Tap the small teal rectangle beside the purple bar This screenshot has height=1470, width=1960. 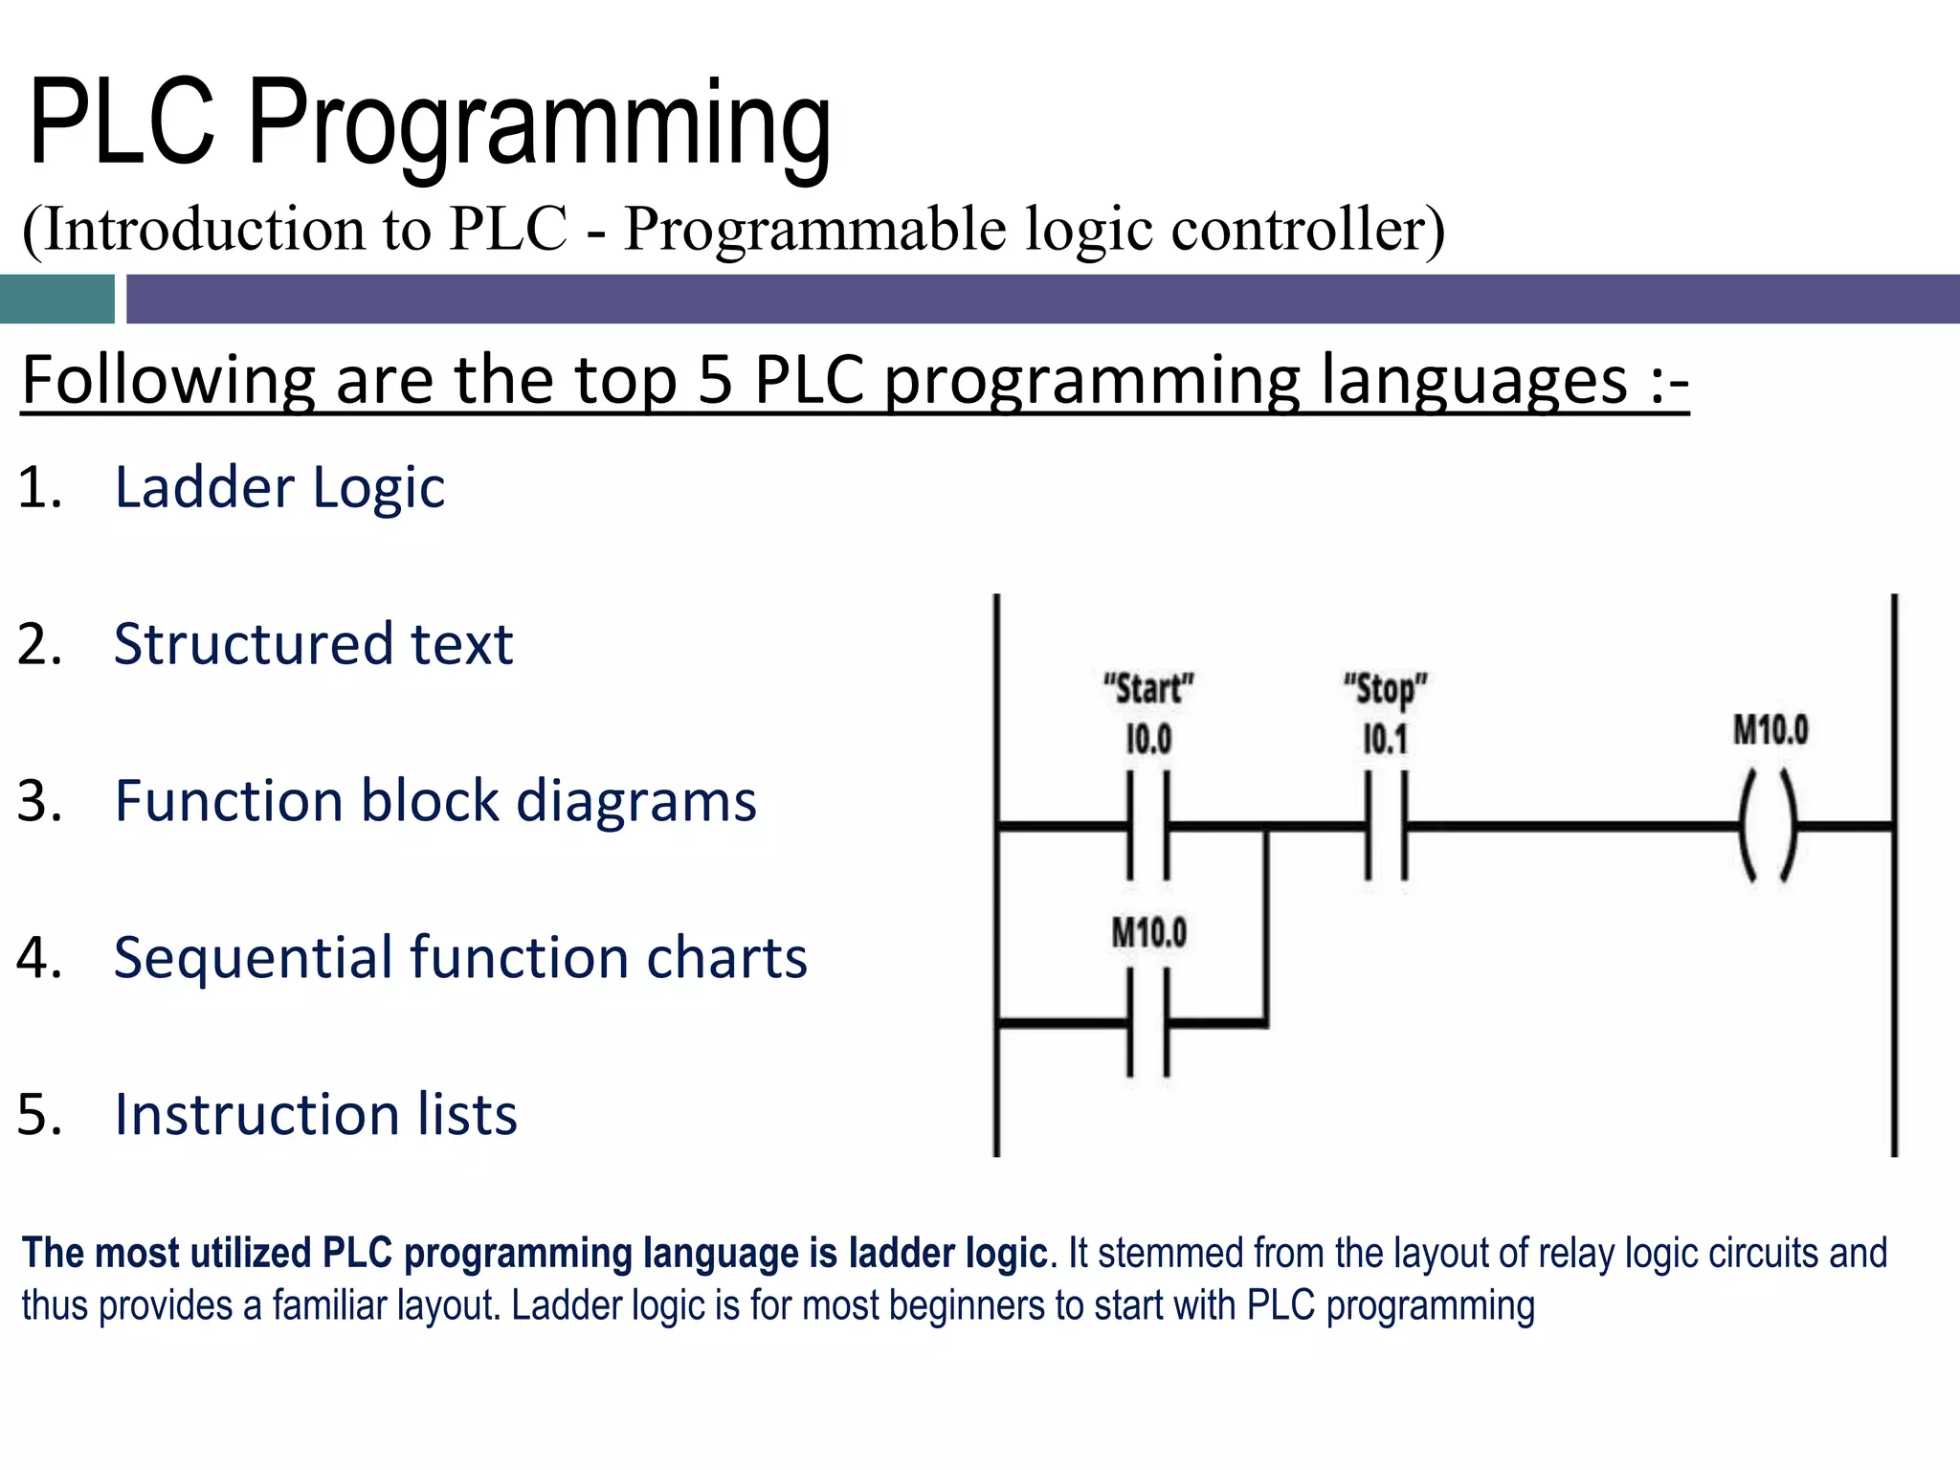(56, 299)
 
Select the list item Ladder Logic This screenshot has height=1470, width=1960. (278, 487)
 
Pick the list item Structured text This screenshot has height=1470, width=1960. (313, 644)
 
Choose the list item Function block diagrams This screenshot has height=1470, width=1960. (434, 801)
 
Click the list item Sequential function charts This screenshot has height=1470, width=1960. (459, 957)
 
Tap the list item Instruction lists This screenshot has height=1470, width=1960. (315, 1115)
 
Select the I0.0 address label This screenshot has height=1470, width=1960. (1148, 739)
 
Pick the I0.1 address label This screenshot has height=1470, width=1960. (1385, 739)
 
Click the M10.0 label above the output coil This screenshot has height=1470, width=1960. (1771, 730)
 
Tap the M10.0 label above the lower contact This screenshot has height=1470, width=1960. (1148, 932)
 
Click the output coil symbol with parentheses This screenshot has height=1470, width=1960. (1769, 825)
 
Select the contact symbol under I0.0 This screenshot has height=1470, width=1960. (1148, 825)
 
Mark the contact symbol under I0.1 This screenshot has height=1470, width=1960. (1386, 825)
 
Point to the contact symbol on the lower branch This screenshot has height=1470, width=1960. (1148, 1022)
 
